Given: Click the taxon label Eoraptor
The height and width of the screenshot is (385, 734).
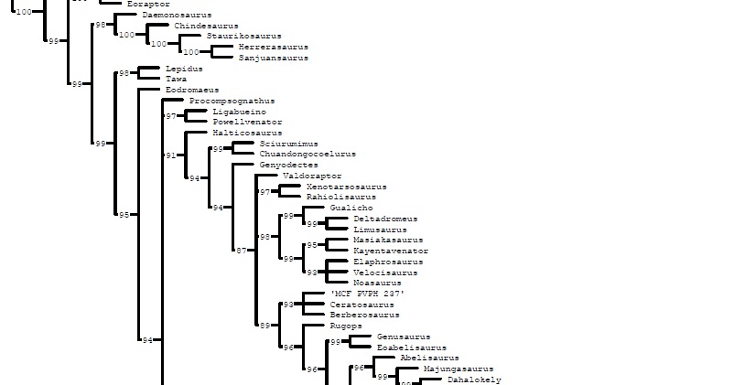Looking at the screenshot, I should pyautogui.click(x=148, y=5).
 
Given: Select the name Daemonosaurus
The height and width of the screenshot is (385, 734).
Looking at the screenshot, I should pyautogui.click(x=177, y=16).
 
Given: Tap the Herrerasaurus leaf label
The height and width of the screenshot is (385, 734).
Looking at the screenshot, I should pyautogui.click(x=273, y=47).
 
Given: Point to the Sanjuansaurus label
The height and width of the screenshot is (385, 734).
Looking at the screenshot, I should pyautogui.click(x=273, y=58).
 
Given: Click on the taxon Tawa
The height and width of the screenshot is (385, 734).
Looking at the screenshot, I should pyautogui.click(x=176, y=80).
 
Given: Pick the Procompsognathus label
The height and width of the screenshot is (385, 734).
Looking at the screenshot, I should pyautogui.click(x=232, y=101).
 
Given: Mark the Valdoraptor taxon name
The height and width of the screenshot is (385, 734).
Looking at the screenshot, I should pyautogui.click(x=312, y=176).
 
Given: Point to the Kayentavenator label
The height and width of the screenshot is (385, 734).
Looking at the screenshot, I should pyautogui.click(x=390, y=251).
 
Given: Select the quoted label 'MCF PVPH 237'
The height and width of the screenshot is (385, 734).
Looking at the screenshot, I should pyautogui.click(x=367, y=294).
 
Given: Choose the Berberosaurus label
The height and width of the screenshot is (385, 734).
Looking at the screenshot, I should pyautogui.click(x=364, y=315).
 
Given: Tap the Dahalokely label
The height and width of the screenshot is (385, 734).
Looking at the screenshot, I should pyautogui.click(x=474, y=380).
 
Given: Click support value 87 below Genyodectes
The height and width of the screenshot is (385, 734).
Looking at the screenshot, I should pyautogui.click(x=241, y=250).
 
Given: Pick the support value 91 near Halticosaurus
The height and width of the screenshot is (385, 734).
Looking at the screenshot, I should pyautogui.click(x=170, y=155).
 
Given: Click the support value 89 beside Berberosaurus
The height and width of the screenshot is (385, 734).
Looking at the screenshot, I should pyautogui.click(x=264, y=326).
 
